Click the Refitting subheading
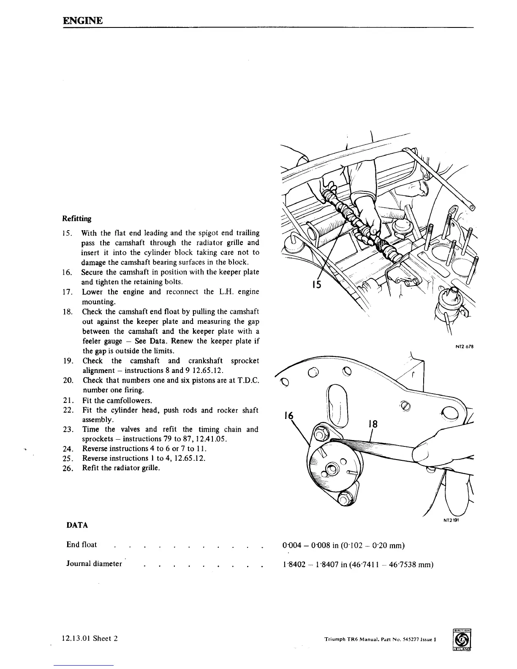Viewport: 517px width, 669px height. (x=76, y=218)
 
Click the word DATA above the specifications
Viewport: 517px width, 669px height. (x=77, y=525)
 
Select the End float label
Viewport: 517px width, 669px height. (x=82, y=544)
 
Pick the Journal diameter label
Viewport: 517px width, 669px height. (x=94, y=564)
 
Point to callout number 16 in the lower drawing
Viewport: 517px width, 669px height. (x=289, y=416)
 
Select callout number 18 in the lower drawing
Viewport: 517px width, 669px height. (x=372, y=424)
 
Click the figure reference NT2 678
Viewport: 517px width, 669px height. (x=464, y=347)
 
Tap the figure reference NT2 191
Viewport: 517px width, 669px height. (x=451, y=520)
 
